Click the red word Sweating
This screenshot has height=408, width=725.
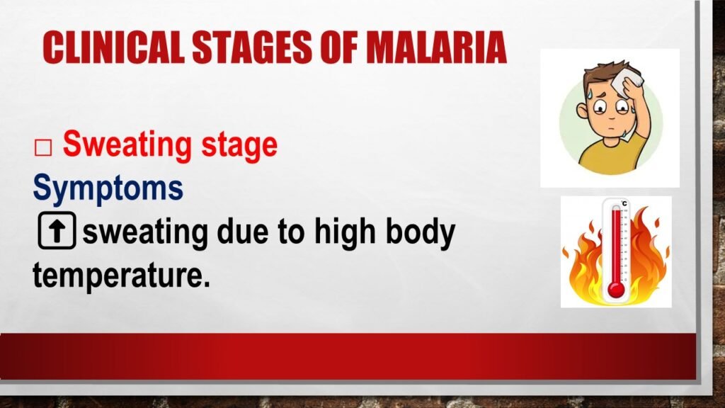coord(117,145)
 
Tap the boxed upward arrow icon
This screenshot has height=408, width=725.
coord(55,232)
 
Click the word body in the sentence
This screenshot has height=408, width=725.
coord(418,233)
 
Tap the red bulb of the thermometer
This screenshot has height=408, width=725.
coord(615,289)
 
